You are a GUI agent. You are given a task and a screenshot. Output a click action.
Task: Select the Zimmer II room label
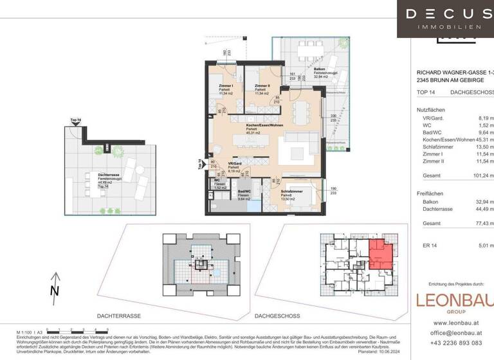262,85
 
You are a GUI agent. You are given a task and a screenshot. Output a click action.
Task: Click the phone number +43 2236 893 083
450,344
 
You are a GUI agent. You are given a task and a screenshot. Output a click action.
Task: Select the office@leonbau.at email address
450,333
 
